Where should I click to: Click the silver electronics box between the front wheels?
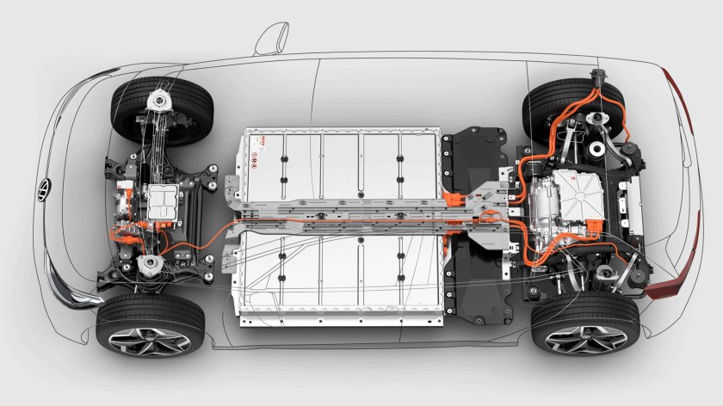click(163, 203)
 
